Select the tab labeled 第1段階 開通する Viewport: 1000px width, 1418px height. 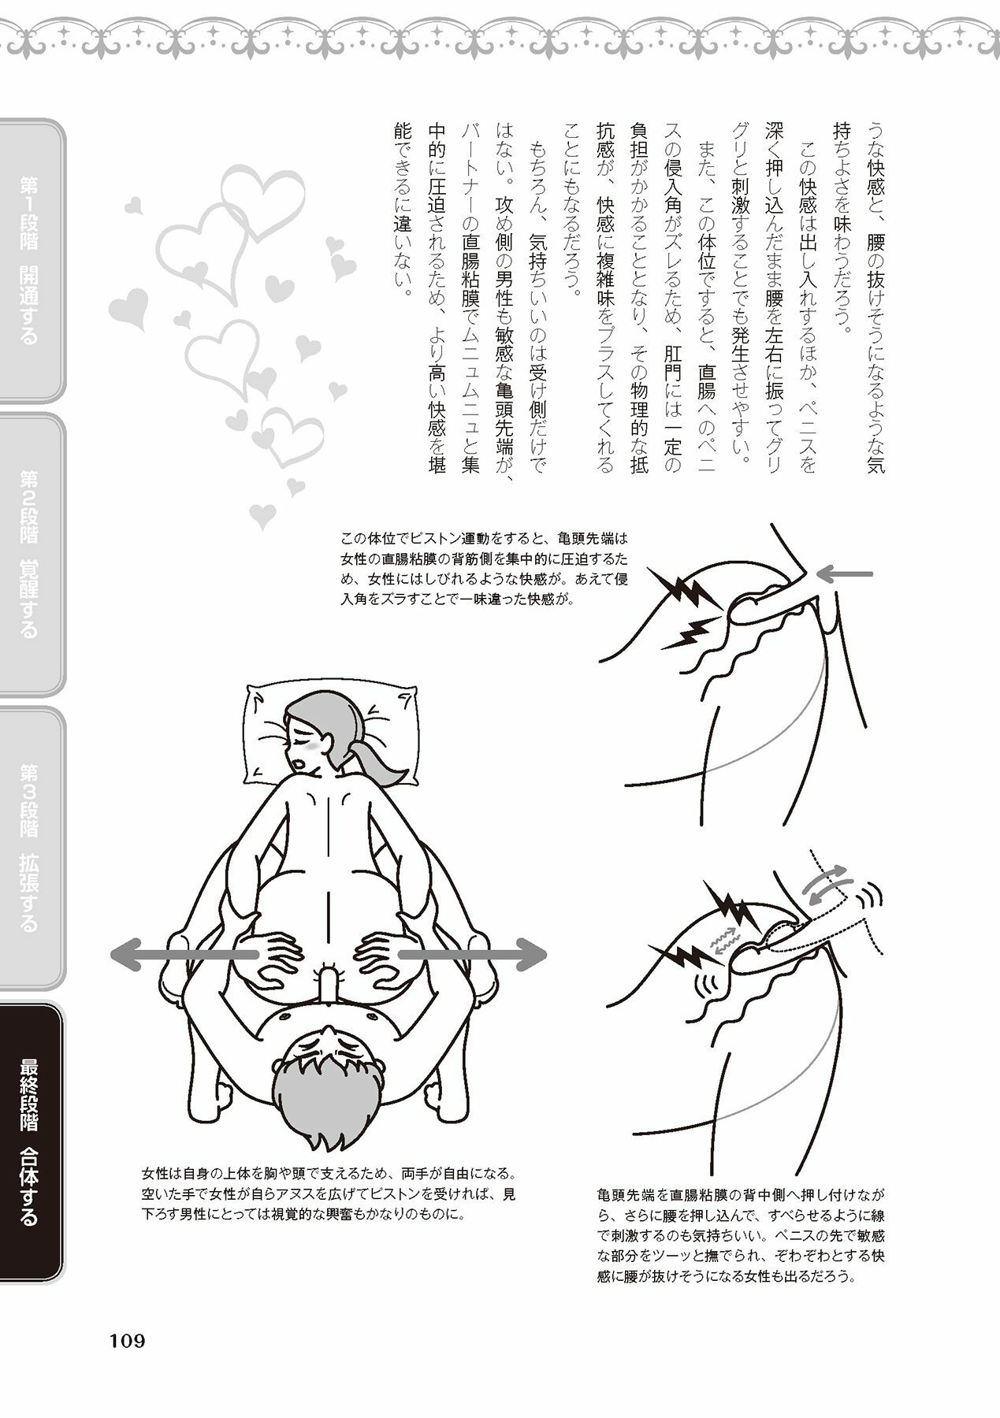click(32, 261)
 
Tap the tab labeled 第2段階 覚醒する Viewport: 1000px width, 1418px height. click(32, 555)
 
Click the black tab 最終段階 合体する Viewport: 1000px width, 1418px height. click(32, 1142)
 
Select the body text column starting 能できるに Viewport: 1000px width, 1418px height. click(402, 210)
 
